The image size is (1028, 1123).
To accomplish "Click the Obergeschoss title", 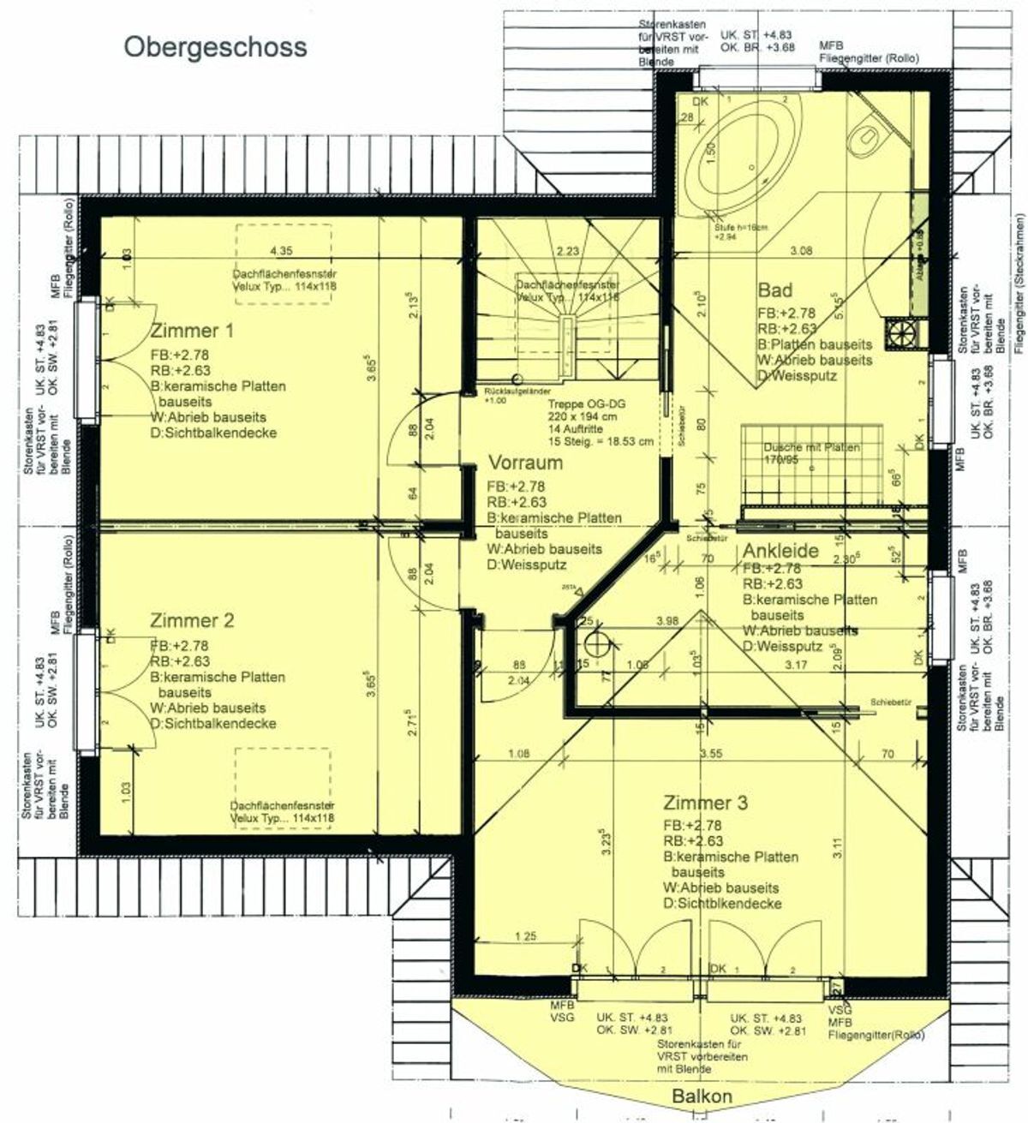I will tap(215, 46).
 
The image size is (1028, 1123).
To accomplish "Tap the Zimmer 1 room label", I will tap(191, 331).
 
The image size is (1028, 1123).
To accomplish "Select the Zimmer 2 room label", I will tap(191, 619).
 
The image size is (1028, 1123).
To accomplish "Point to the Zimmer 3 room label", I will tap(705, 803).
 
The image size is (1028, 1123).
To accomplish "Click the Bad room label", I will tap(774, 290).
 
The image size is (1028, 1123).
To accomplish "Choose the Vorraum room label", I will tap(525, 463).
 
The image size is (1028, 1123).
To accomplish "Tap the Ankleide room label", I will tap(780, 551).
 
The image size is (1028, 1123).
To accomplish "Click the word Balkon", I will tap(702, 1097).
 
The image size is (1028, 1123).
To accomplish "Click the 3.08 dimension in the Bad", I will tap(800, 251).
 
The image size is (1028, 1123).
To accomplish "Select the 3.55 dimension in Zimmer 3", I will tap(710, 755).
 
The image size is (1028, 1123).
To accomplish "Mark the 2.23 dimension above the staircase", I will tap(565, 251).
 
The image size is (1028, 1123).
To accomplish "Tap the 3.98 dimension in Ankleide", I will tap(667, 620).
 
